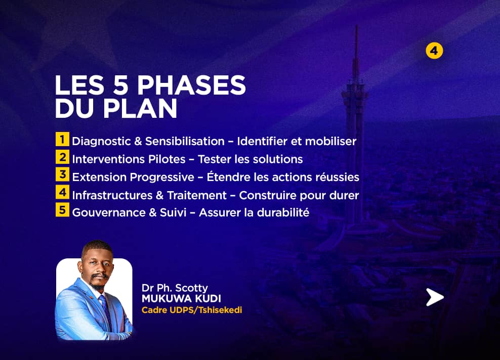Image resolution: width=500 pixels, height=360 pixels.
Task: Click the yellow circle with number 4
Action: click(434, 51)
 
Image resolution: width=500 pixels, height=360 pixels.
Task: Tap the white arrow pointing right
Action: click(435, 297)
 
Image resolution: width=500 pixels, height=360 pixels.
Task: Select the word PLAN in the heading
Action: click(140, 108)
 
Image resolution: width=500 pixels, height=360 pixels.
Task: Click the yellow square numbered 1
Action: click(63, 139)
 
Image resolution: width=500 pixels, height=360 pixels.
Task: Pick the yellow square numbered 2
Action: click(63, 157)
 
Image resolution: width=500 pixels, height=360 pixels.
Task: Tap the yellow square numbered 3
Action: click(63, 174)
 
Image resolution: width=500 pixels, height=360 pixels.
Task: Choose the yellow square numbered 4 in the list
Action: click(63, 193)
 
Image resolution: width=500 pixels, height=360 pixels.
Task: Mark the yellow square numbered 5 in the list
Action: click(63, 210)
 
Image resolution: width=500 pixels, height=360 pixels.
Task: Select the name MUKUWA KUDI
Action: click(182, 298)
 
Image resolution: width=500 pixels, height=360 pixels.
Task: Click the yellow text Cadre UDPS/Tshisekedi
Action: click(192, 310)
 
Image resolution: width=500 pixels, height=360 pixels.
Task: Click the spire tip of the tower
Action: click(356, 26)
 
